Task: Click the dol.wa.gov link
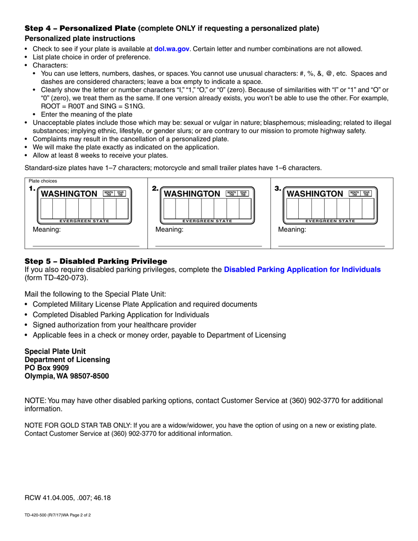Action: (x=172, y=49)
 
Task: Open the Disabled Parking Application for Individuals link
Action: (x=302, y=269)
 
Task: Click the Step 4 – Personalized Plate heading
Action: (x=81, y=29)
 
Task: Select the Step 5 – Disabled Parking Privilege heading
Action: (x=96, y=261)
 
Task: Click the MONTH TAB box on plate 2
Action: (x=231, y=194)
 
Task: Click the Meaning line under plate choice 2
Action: (x=209, y=245)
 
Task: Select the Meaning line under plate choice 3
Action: (x=332, y=245)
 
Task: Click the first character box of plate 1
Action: (x=47, y=208)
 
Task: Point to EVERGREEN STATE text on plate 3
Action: (x=330, y=221)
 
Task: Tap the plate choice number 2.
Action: (x=155, y=189)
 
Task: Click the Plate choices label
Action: (x=43, y=181)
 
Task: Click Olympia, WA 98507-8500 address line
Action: (x=67, y=376)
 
